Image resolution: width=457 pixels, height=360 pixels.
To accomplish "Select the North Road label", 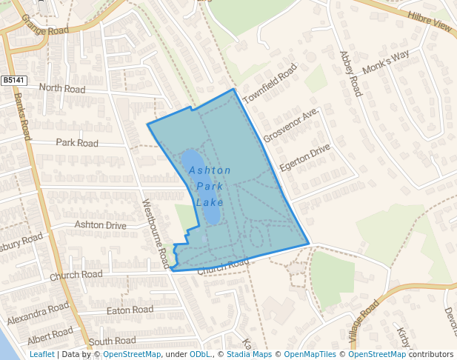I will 62,88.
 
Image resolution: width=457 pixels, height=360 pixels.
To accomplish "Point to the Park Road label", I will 77,142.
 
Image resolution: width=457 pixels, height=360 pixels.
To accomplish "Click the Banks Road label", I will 23,116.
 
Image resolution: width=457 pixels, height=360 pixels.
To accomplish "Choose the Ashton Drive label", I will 101,224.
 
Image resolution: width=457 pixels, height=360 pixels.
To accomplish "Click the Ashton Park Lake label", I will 210,186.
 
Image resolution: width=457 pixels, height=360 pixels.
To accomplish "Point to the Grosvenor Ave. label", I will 290,124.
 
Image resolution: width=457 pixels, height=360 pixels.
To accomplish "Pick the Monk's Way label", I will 385,63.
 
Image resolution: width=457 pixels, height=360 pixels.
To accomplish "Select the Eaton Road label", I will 130,310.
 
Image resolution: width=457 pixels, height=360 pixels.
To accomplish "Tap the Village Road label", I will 364,324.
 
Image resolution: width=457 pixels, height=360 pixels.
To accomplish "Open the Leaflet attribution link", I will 41,354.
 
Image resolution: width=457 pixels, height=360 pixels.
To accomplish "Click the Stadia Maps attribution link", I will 248,354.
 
